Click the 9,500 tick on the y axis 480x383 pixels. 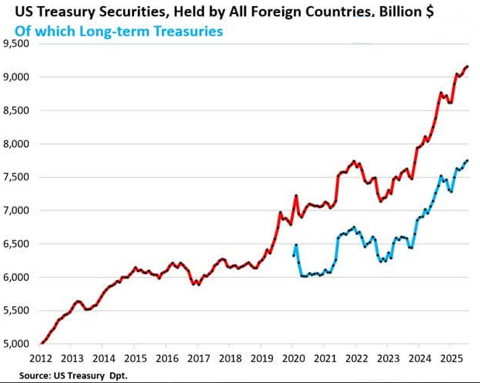tap(16, 43)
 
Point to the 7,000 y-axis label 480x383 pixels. tap(16, 210)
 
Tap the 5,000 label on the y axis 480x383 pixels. tap(16, 344)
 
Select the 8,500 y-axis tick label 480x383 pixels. tap(16, 110)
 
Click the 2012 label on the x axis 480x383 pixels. tap(40, 359)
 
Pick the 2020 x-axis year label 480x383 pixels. tap(294, 359)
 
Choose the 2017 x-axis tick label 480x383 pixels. tap(199, 359)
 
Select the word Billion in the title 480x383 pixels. tap(385, 13)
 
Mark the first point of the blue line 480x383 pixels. tap(293, 255)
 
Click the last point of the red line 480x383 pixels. tap(468, 67)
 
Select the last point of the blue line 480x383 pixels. tap(468, 160)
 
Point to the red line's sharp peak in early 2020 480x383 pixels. tap(296, 196)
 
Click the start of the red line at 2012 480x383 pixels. tap(40, 344)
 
